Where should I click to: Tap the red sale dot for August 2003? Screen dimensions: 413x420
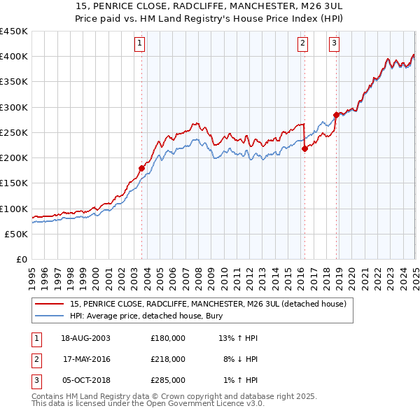[x=141, y=168]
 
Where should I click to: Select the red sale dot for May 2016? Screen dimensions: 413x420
[x=304, y=148]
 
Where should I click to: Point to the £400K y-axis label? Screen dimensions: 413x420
[x=14, y=57]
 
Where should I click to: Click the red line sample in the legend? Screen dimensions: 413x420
[x=49, y=304]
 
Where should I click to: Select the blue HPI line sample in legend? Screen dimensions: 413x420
[x=49, y=316]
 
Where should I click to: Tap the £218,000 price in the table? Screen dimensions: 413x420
[x=168, y=359]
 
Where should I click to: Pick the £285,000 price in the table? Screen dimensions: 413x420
[x=168, y=380]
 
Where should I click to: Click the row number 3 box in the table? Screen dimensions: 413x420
[x=35, y=380]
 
